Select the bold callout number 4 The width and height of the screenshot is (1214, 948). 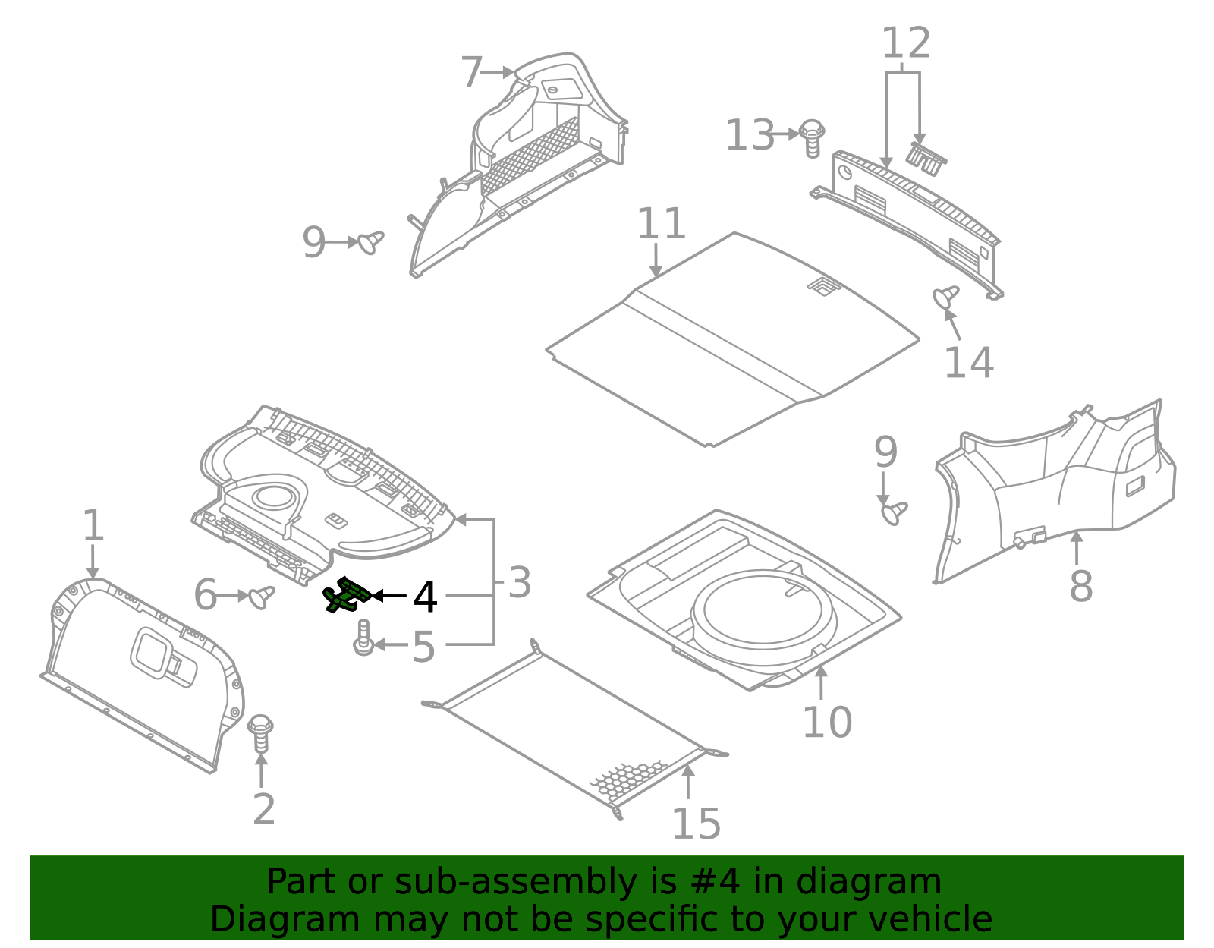point(425,598)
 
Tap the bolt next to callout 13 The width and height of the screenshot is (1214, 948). point(813,137)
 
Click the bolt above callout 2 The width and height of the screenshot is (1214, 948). point(260,733)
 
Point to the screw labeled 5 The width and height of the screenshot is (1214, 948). point(363,638)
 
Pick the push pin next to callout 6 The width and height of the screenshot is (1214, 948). point(262,597)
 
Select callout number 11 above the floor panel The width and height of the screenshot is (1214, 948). point(661,224)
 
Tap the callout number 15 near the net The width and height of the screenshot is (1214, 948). point(696,824)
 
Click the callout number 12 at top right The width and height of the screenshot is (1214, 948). point(905,43)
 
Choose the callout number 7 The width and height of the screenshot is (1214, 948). point(472,73)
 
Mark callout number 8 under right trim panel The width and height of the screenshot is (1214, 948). point(1080,586)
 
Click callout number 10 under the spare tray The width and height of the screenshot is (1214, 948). point(827,721)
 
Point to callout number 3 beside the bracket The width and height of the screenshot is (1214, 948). point(520,583)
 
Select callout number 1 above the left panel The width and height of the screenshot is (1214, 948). point(93,525)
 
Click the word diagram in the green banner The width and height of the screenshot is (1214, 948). point(871,882)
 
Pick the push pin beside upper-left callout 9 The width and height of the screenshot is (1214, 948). point(371,242)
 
